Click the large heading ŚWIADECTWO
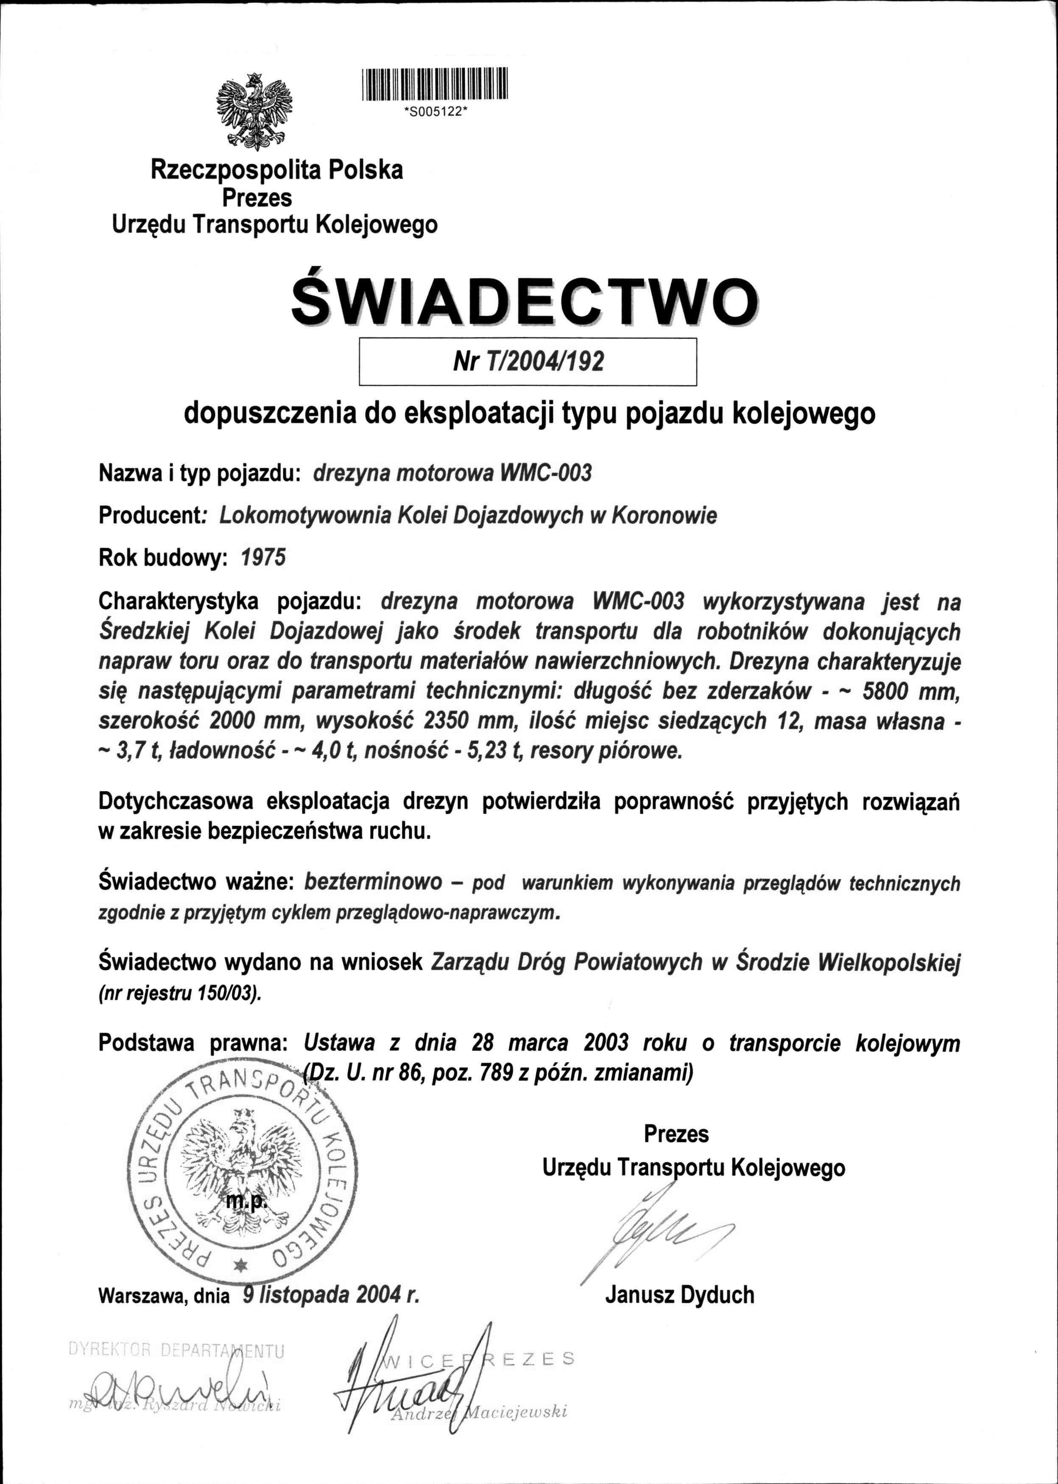(525, 302)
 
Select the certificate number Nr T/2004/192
(528, 361)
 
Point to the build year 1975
(263, 558)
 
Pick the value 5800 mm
(910, 691)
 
